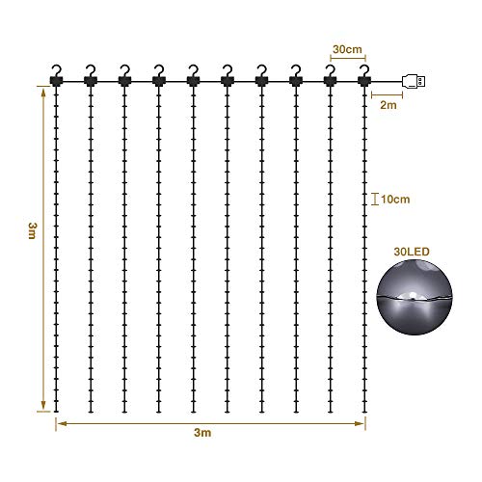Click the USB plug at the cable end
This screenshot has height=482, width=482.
coord(414,81)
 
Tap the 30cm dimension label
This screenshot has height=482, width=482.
coord(347,49)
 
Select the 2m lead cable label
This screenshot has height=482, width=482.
coord(388,105)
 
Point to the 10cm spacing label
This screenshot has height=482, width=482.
coord(395,200)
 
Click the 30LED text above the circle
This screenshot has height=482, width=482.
coord(412,252)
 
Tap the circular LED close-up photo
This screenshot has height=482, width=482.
coord(415,297)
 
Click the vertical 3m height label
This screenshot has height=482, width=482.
coord(32,230)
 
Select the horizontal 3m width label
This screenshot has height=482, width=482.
coord(202,433)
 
